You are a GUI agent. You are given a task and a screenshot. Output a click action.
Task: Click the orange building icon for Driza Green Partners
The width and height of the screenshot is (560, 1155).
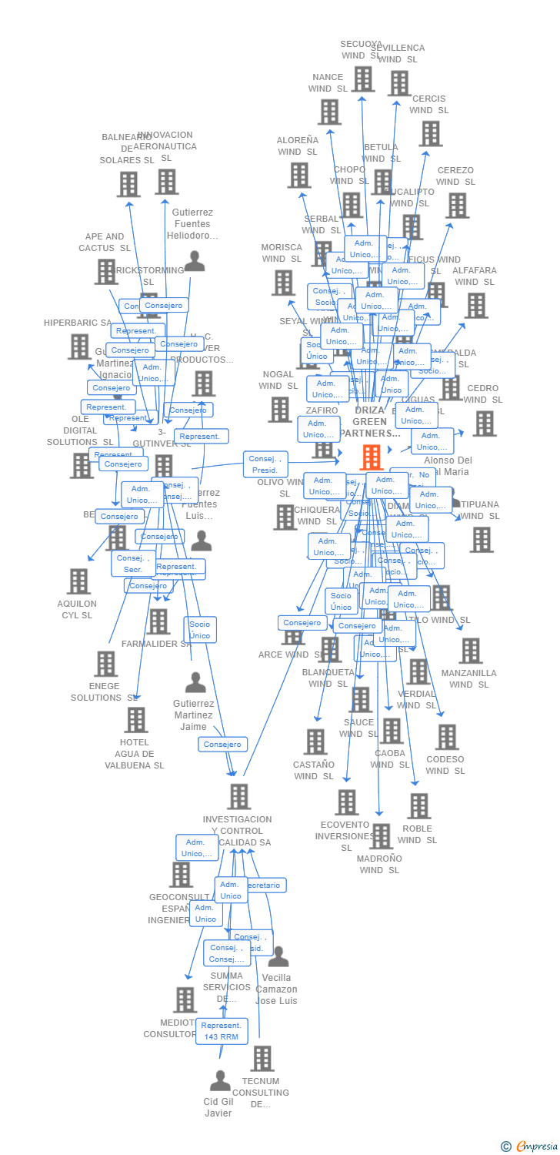click(x=372, y=457)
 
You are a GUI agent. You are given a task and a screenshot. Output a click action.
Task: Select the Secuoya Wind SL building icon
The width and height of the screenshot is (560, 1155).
click(x=363, y=79)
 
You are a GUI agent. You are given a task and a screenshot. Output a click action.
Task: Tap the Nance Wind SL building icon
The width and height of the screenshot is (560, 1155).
click(x=329, y=112)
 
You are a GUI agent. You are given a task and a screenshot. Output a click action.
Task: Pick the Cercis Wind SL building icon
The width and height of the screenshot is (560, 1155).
click(x=430, y=133)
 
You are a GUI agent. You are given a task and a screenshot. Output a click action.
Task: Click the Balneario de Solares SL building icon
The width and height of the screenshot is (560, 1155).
click(x=129, y=184)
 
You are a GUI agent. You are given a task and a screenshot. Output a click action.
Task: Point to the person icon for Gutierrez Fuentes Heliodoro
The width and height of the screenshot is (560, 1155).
click(x=195, y=262)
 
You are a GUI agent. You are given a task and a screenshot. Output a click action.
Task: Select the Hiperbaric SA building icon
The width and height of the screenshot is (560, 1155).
click(x=79, y=346)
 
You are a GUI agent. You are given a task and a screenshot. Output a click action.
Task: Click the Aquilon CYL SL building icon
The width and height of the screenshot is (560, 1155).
click(x=78, y=581)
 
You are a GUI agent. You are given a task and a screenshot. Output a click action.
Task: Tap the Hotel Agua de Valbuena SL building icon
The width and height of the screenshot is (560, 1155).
click(x=135, y=720)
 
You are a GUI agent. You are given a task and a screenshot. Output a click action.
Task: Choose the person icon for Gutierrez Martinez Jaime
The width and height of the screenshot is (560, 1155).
click(x=195, y=683)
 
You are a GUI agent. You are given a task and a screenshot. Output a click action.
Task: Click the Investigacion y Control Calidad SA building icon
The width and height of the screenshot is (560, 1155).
click(x=239, y=797)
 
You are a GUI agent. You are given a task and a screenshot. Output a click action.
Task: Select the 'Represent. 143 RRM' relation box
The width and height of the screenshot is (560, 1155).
click(x=222, y=1031)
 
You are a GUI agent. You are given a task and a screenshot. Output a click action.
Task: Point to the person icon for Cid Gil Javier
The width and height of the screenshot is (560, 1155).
click(x=220, y=1081)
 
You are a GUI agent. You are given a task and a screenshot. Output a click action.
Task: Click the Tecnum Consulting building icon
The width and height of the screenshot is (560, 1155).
click(x=262, y=1059)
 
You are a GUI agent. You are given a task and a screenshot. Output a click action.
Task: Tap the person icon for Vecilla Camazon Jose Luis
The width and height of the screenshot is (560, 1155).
click(x=278, y=957)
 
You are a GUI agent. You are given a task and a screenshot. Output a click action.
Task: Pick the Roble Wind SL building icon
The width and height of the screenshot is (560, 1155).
click(x=418, y=806)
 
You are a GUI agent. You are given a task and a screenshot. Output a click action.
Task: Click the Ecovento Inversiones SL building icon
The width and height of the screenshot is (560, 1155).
click(x=346, y=802)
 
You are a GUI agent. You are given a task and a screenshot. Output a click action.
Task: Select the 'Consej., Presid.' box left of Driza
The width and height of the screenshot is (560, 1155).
click(x=265, y=464)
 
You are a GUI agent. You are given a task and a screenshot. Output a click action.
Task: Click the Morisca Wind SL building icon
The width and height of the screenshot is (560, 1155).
click(x=283, y=283)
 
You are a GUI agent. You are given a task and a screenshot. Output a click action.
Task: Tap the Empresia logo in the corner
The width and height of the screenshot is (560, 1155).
click(x=531, y=1147)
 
